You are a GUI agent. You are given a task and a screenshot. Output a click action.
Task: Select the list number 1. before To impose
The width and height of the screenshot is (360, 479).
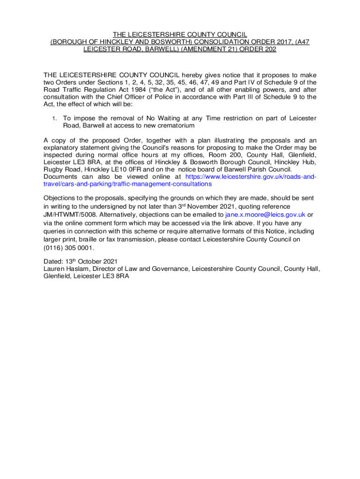[55, 118]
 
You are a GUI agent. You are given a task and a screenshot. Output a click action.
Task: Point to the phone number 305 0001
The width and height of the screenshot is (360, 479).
[79, 248]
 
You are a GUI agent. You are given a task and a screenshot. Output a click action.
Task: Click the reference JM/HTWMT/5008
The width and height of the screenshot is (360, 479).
[69, 215]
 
